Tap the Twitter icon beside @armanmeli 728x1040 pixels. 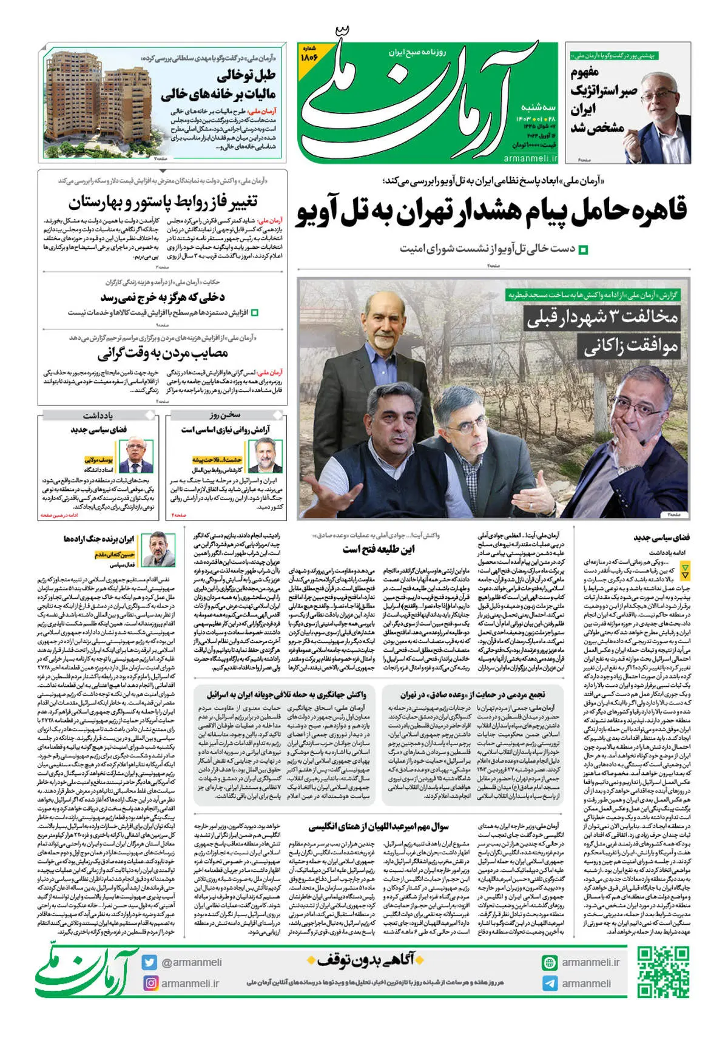click(149, 962)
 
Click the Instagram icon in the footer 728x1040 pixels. click(149, 983)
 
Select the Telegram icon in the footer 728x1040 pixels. click(550, 984)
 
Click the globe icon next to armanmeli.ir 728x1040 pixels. click(550, 962)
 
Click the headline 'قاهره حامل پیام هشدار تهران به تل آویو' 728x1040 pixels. click(491, 212)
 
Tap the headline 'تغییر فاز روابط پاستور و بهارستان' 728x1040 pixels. click(163, 202)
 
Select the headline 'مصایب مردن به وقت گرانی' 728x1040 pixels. click(163, 353)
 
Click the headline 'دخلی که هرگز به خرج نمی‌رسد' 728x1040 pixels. click(163, 297)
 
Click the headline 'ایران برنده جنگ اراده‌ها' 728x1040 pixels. click(99, 539)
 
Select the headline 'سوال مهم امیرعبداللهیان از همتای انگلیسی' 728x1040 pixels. click(378, 826)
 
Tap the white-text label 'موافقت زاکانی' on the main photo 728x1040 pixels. click(631, 347)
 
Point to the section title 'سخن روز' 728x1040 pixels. click(225, 415)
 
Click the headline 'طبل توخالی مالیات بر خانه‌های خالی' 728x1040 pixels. click(218, 85)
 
